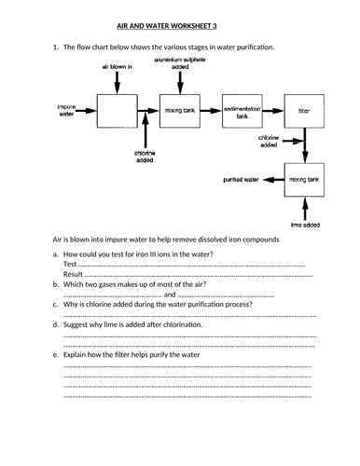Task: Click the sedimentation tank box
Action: [242, 111]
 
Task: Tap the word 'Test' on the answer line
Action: [70, 264]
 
